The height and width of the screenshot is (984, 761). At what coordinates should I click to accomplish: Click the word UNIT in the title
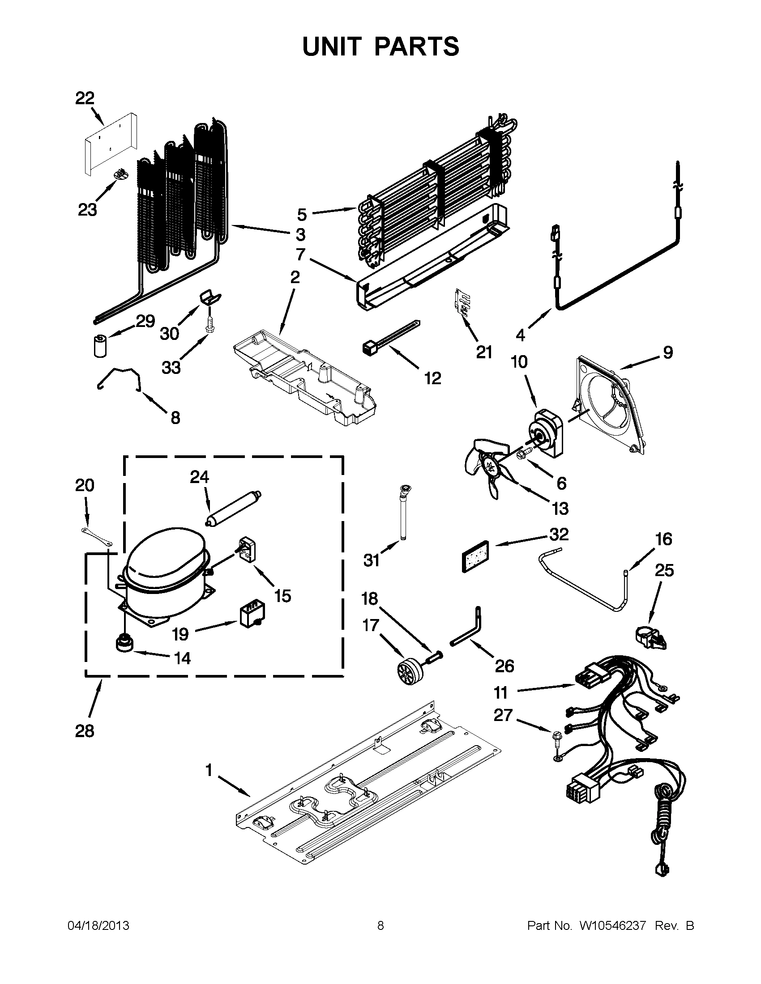point(332,47)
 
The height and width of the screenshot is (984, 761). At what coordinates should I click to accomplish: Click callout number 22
point(85,98)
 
